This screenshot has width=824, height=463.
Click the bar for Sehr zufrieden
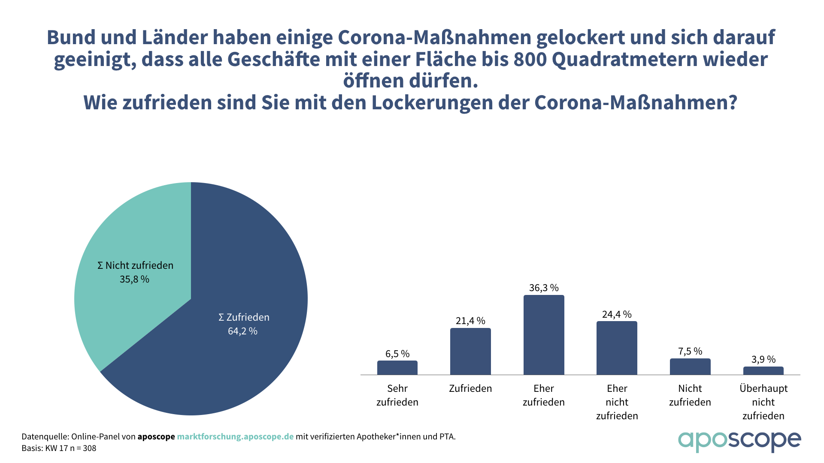tap(397, 368)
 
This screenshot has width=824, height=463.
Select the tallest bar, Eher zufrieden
tap(544, 335)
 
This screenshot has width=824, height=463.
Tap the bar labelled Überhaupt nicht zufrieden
tap(763, 371)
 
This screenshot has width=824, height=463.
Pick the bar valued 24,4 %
tap(617, 348)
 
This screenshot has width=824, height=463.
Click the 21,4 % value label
tap(470, 321)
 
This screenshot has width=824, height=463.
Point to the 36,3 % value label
tap(544, 288)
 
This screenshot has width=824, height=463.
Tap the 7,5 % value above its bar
tap(690, 352)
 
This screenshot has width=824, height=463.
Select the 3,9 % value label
tap(763, 359)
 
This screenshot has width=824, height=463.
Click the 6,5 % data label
tap(397, 354)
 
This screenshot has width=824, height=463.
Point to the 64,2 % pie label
tap(242, 331)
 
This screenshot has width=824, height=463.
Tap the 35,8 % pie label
tap(134, 279)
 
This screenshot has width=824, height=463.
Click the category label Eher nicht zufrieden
tap(617, 402)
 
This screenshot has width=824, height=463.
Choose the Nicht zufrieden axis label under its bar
tap(690, 395)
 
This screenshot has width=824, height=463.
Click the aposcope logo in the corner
tap(739, 441)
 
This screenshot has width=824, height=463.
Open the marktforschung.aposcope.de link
tap(235, 436)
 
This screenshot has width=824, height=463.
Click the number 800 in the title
tap(530, 59)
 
